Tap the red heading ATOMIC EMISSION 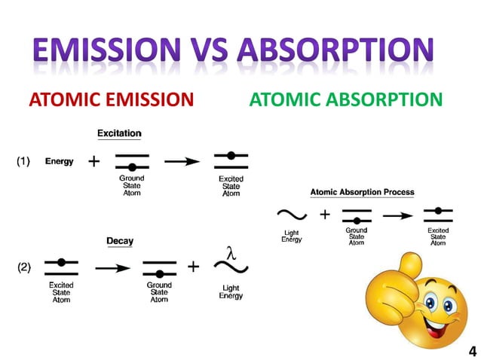pos(111,99)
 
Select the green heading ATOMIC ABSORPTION pos(345,99)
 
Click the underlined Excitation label pos(119,133)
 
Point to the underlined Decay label pos(119,241)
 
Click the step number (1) pos(24,161)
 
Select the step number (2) pos(24,267)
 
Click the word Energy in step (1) pos(60,161)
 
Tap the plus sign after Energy pos(94,161)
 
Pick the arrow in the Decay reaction pos(111,267)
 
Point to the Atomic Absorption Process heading pos(362,192)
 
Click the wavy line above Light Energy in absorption pos(291,215)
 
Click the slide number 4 pos(472,351)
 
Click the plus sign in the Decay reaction pos(193,267)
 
